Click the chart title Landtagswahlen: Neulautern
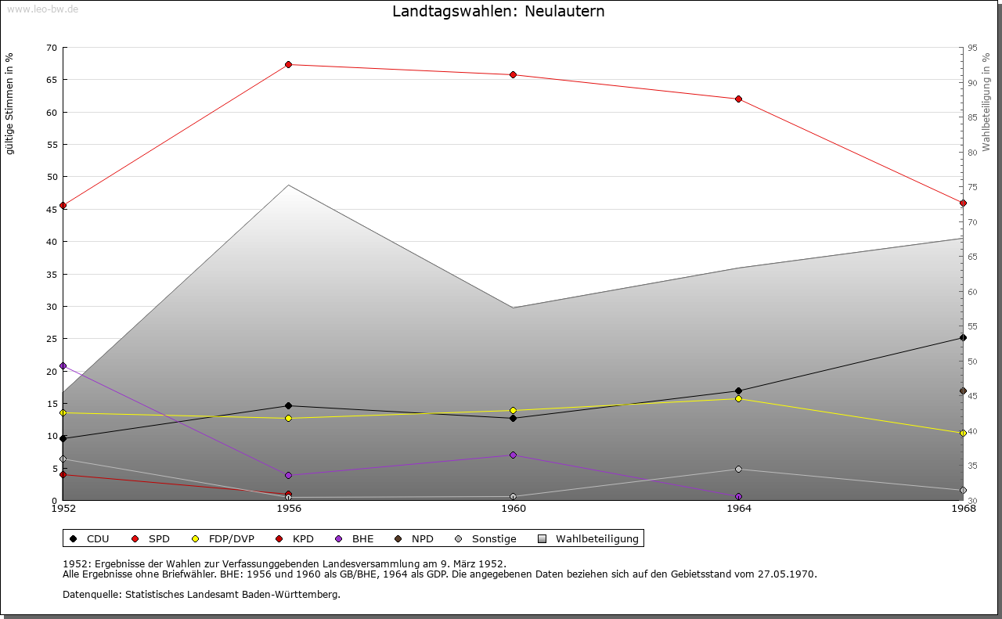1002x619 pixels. pyautogui.click(x=499, y=12)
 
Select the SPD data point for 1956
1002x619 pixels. pyautogui.click(x=288, y=64)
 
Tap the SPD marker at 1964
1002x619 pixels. pyautogui.click(x=738, y=99)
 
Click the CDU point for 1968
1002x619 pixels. pyautogui.click(x=963, y=337)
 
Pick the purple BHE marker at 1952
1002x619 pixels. pyautogui.click(x=63, y=365)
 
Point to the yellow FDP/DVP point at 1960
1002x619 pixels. pyautogui.click(x=514, y=410)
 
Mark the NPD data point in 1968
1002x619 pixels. pyautogui.click(x=963, y=390)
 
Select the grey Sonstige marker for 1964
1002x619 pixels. pyautogui.click(x=738, y=469)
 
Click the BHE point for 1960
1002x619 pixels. pyautogui.click(x=514, y=455)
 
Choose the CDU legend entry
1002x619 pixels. pyautogui.click(x=89, y=538)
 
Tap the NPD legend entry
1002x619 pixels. pyautogui.click(x=414, y=538)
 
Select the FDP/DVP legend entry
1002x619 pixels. pyautogui.click(x=223, y=538)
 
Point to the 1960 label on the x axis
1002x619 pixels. pyautogui.click(x=514, y=509)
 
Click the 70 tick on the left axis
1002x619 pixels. pyautogui.click(x=52, y=48)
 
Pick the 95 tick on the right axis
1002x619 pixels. pyautogui.click(x=971, y=48)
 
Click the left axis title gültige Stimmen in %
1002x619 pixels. pyautogui.click(x=10, y=103)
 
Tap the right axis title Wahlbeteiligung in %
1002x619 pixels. pyautogui.click(x=986, y=103)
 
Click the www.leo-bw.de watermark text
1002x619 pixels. pyautogui.click(x=42, y=9)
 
